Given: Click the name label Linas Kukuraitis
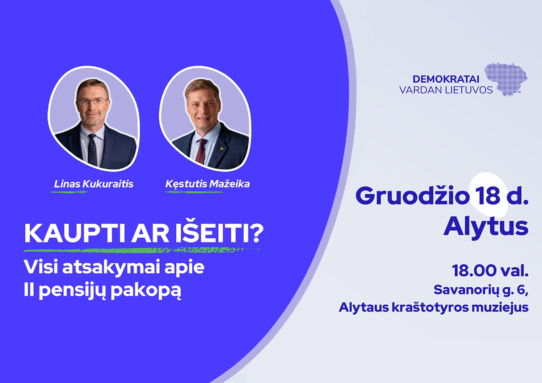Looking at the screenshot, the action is point(94,184).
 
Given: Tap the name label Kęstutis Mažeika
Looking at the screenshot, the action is point(208,184).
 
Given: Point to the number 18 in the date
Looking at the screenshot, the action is point(488,196).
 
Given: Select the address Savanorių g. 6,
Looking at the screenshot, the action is point(481,290).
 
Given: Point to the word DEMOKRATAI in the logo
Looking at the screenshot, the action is point(446,79).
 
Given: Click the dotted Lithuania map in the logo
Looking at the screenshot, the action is point(506,79).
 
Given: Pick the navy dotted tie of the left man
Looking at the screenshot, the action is point(92,150).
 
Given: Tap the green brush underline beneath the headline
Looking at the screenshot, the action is point(142,250).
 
